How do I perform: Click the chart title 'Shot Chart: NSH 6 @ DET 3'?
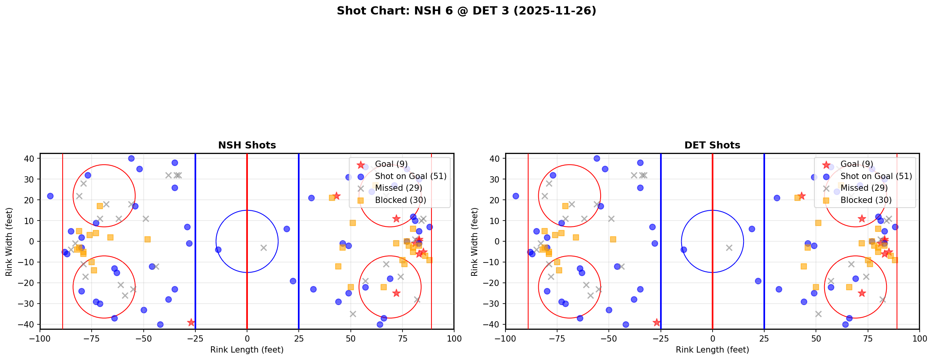(x=466, y=11)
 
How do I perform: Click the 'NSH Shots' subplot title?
(x=247, y=145)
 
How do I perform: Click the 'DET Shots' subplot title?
(x=712, y=145)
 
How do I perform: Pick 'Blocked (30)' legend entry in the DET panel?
(x=866, y=200)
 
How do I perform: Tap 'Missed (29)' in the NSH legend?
(x=398, y=188)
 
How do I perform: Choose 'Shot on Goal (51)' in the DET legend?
(x=876, y=176)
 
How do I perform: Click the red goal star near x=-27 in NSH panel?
(x=191, y=322)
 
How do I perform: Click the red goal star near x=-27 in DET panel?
(x=657, y=322)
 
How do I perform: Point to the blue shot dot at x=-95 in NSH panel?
(x=50, y=196)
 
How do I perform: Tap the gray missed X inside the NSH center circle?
(x=263, y=248)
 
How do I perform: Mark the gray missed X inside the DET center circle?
(x=729, y=248)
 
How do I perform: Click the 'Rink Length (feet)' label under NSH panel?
(x=247, y=350)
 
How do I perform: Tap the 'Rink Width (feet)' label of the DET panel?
(x=475, y=241)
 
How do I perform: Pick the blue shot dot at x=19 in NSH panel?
(x=287, y=229)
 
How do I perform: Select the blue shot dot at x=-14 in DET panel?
(x=684, y=250)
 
